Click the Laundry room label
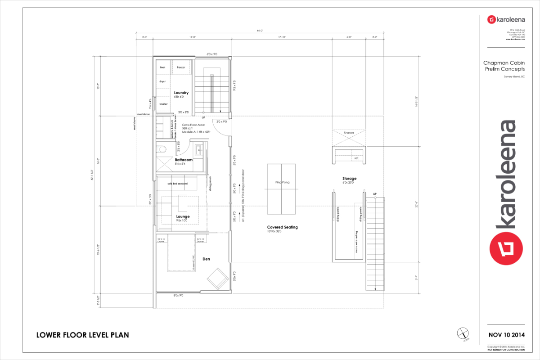[x=181, y=93]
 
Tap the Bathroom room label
[x=184, y=160]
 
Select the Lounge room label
[x=183, y=216]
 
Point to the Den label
[x=206, y=259]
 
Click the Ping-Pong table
[x=280, y=189]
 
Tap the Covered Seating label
[x=282, y=227]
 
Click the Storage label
[x=349, y=179]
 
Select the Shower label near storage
[x=349, y=133]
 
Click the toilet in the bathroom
[x=162, y=149]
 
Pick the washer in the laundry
[x=163, y=104]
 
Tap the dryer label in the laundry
[x=162, y=81]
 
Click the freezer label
[x=181, y=67]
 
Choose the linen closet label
[x=162, y=67]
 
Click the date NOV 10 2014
[x=506, y=335]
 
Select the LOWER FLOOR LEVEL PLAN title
[x=82, y=335]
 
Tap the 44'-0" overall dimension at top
[x=260, y=31]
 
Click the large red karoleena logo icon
[x=506, y=248]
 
